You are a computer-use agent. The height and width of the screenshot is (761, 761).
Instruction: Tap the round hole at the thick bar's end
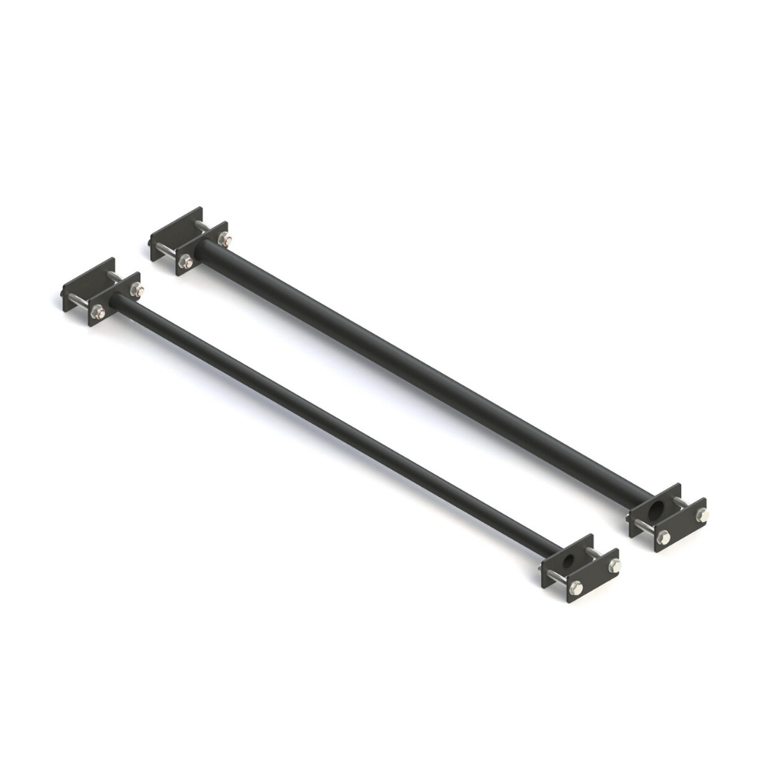(x=655, y=508)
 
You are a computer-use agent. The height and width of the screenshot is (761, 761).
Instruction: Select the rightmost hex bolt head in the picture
(x=702, y=514)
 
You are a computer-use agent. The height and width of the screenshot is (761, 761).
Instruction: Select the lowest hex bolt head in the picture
(x=576, y=587)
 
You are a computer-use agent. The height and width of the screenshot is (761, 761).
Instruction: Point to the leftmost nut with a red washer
(x=97, y=311)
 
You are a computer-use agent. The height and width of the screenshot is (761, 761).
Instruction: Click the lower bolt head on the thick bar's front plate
(x=662, y=537)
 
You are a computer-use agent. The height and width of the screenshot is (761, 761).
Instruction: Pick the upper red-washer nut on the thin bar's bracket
(x=137, y=290)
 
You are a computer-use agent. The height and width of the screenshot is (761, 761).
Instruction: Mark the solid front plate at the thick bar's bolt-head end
(x=680, y=525)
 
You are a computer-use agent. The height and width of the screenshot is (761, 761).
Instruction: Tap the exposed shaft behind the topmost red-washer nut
(x=202, y=227)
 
